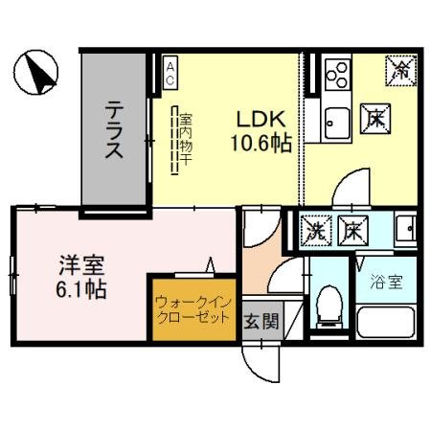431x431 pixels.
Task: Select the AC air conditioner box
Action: (x=170, y=75)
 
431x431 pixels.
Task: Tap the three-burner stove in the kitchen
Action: (x=337, y=73)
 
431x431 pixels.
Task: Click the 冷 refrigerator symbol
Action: (x=400, y=69)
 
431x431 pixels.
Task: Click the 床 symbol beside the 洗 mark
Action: (x=352, y=231)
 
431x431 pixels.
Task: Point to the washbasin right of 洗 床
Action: (x=405, y=230)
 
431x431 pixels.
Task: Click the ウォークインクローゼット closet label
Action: (x=192, y=308)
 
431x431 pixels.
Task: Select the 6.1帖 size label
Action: (x=79, y=287)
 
